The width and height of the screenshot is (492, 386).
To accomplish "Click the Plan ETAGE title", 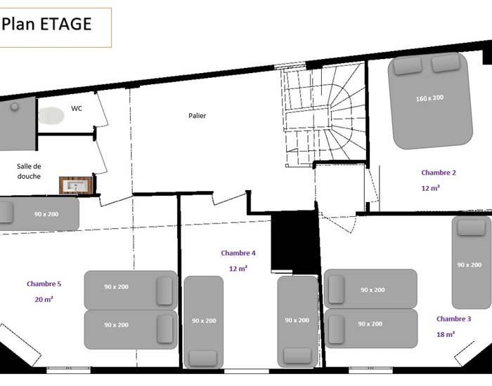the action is click(x=47, y=24).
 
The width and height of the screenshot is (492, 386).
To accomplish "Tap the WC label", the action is click(x=77, y=108).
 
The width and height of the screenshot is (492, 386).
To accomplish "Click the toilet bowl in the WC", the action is click(x=51, y=115).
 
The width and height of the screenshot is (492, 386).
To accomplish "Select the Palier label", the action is click(x=198, y=116).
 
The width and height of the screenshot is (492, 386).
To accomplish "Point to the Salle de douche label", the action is click(x=29, y=171).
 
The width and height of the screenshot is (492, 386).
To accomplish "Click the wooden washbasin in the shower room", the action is click(x=76, y=185).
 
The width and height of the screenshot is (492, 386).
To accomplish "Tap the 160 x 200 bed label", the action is click(x=429, y=98).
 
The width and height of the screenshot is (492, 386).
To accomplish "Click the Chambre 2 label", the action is click(x=439, y=173).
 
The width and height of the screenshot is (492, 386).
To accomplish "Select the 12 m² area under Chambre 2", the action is click(x=430, y=188).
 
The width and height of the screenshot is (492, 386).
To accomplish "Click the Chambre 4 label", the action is click(x=238, y=253).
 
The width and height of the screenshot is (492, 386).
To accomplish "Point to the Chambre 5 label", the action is click(x=44, y=284).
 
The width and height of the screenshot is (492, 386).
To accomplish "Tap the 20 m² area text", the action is click(x=44, y=300).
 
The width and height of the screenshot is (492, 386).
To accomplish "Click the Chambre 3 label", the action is click(x=454, y=319).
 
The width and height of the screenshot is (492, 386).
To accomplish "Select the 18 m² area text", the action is click(x=446, y=335).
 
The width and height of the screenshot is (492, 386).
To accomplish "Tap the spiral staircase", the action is click(x=325, y=116).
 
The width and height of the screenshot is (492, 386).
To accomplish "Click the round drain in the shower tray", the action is click(x=15, y=107).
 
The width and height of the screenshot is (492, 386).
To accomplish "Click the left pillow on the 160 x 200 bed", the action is click(x=408, y=66).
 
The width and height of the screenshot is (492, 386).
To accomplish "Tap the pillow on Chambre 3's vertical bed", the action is click(x=471, y=227).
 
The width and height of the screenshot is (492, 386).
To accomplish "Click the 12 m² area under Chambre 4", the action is click(x=238, y=269).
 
